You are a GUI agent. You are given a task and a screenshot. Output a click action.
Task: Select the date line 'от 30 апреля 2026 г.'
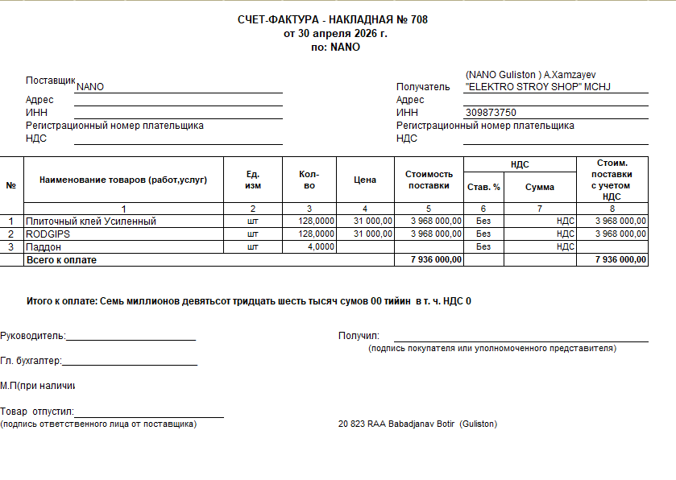335,33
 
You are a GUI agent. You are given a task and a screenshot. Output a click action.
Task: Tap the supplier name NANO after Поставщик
90,87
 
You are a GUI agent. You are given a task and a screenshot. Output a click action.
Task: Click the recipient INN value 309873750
491,113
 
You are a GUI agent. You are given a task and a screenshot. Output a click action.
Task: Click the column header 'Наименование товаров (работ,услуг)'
123,180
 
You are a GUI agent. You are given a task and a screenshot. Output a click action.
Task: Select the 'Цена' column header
365,180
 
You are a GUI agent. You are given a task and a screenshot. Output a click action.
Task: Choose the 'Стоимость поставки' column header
429,180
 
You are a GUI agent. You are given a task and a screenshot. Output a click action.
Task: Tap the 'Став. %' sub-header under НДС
483,187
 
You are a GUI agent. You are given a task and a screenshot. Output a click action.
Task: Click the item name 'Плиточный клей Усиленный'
91,221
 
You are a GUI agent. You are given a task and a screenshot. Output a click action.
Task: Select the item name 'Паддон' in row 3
44,247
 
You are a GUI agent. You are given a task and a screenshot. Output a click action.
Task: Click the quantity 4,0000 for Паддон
321,247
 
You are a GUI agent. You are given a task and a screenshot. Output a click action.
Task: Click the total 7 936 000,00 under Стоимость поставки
435,260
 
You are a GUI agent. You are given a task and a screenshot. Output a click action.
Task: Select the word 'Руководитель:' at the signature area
33,336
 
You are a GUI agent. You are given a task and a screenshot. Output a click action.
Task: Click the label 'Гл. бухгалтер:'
31,362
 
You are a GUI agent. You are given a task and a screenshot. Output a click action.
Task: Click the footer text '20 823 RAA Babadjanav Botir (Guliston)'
417,424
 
